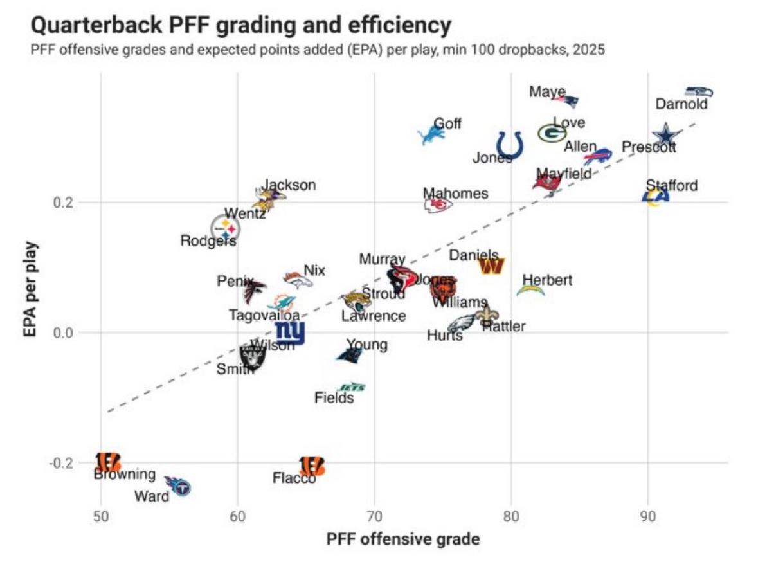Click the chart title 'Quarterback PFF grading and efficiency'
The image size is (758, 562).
pyautogui.click(x=240, y=26)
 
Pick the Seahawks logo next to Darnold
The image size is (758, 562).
pyautogui.click(x=698, y=92)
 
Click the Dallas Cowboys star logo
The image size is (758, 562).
pyautogui.click(x=667, y=135)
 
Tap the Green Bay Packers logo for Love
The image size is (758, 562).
pyautogui.click(x=552, y=133)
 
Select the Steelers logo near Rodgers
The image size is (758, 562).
pyautogui.click(x=225, y=228)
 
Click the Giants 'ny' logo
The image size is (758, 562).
pyautogui.click(x=290, y=332)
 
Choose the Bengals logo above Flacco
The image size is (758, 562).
pyautogui.click(x=312, y=465)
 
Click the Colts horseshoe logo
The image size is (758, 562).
pyautogui.click(x=510, y=145)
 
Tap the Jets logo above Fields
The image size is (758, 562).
pyautogui.click(x=352, y=387)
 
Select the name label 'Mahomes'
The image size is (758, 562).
pyautogui.click(x=455, y=193)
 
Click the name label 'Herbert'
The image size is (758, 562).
pyautogui.click(x=547, y=280)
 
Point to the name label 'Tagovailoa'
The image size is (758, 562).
pyautogui.click(x=264, y=315)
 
